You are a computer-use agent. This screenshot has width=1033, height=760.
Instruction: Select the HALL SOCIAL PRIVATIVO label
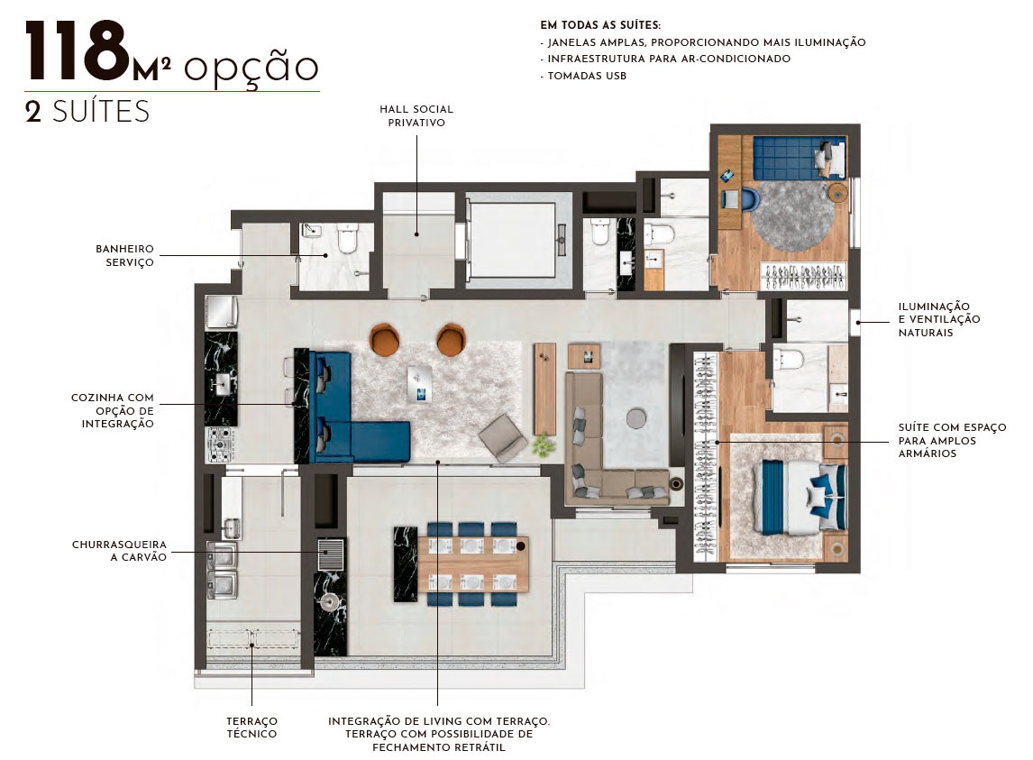416,115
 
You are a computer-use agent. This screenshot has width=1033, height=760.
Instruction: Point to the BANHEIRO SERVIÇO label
125,255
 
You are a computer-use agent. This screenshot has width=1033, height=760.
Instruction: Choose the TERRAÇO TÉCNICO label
251,727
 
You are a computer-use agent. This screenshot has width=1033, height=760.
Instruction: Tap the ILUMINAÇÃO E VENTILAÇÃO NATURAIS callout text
938,319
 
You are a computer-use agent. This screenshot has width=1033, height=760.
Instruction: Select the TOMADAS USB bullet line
583,76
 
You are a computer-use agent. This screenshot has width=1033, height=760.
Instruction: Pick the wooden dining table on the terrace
472,563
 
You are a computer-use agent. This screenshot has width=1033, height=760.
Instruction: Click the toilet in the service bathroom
348,240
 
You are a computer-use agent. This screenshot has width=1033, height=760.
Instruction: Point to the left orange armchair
386,339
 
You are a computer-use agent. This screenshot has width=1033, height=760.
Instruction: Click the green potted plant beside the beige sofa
543,444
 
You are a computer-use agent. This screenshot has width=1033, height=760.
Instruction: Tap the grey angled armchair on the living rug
503,439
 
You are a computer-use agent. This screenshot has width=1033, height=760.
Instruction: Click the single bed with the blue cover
797,158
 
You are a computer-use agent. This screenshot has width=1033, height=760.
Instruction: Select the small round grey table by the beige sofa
635,417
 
